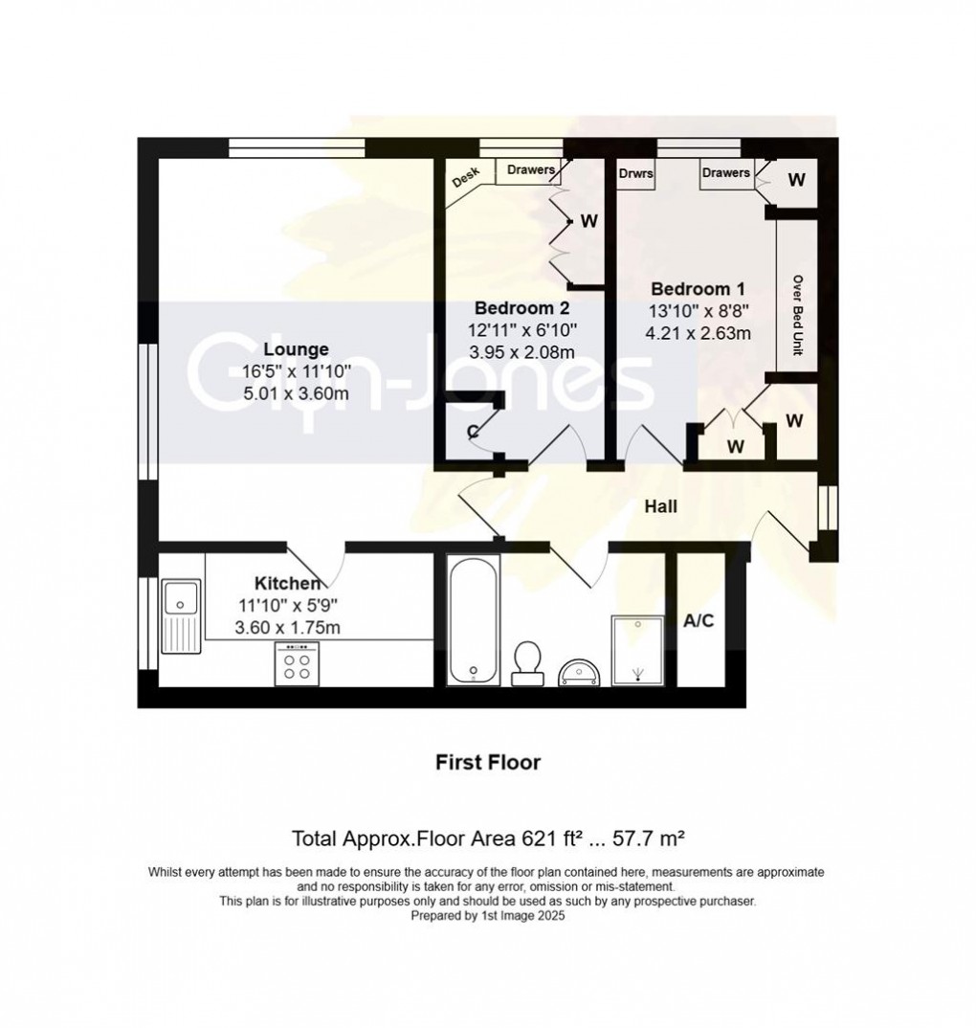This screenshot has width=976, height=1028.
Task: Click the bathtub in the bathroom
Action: tap(472, 620)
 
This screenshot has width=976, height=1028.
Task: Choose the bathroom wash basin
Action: tap(581, 671)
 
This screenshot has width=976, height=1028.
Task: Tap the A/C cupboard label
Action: tap(699, 620)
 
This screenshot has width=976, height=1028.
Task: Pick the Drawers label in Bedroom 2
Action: tap(531, 170)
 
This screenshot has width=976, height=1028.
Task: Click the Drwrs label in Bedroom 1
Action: tap(635, 174)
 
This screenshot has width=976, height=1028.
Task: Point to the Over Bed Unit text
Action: tap(796, 317)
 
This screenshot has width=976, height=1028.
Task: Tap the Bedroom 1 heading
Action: tap(698, 289)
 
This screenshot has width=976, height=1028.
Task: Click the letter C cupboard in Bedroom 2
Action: tap(472, 430)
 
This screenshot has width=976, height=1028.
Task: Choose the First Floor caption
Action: tap(488, 763)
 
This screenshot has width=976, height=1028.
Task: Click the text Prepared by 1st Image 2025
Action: tap(488, 916)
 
